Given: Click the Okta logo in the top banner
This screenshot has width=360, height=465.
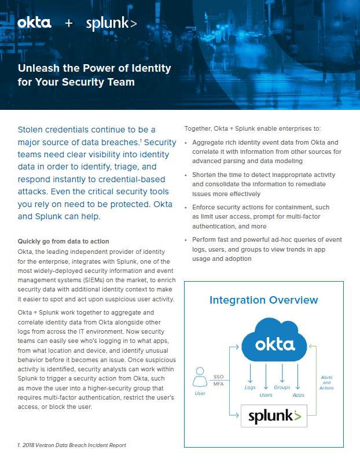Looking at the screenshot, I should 34,23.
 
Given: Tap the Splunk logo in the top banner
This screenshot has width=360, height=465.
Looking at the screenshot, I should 111,24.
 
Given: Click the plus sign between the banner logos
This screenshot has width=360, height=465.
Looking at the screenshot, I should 69,24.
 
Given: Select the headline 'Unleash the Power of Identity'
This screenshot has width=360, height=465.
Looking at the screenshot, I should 94,68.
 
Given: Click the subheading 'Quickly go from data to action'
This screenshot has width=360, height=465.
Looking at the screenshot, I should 64,241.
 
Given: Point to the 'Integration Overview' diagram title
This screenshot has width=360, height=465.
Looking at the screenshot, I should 263,300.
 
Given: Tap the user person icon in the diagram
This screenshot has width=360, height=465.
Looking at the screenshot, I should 200,379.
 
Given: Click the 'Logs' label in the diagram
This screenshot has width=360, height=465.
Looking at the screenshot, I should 250,387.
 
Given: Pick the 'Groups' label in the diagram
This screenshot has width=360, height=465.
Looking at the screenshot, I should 282,387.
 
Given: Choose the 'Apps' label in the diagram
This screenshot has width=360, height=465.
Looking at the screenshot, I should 298,395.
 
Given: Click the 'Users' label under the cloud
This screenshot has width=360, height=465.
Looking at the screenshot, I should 266,395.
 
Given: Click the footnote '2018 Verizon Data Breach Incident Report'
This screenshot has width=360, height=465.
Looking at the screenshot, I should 73,445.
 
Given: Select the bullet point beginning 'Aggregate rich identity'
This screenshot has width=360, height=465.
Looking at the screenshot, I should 266,152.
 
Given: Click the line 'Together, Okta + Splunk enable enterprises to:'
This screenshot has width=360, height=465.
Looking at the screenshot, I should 252,128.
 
